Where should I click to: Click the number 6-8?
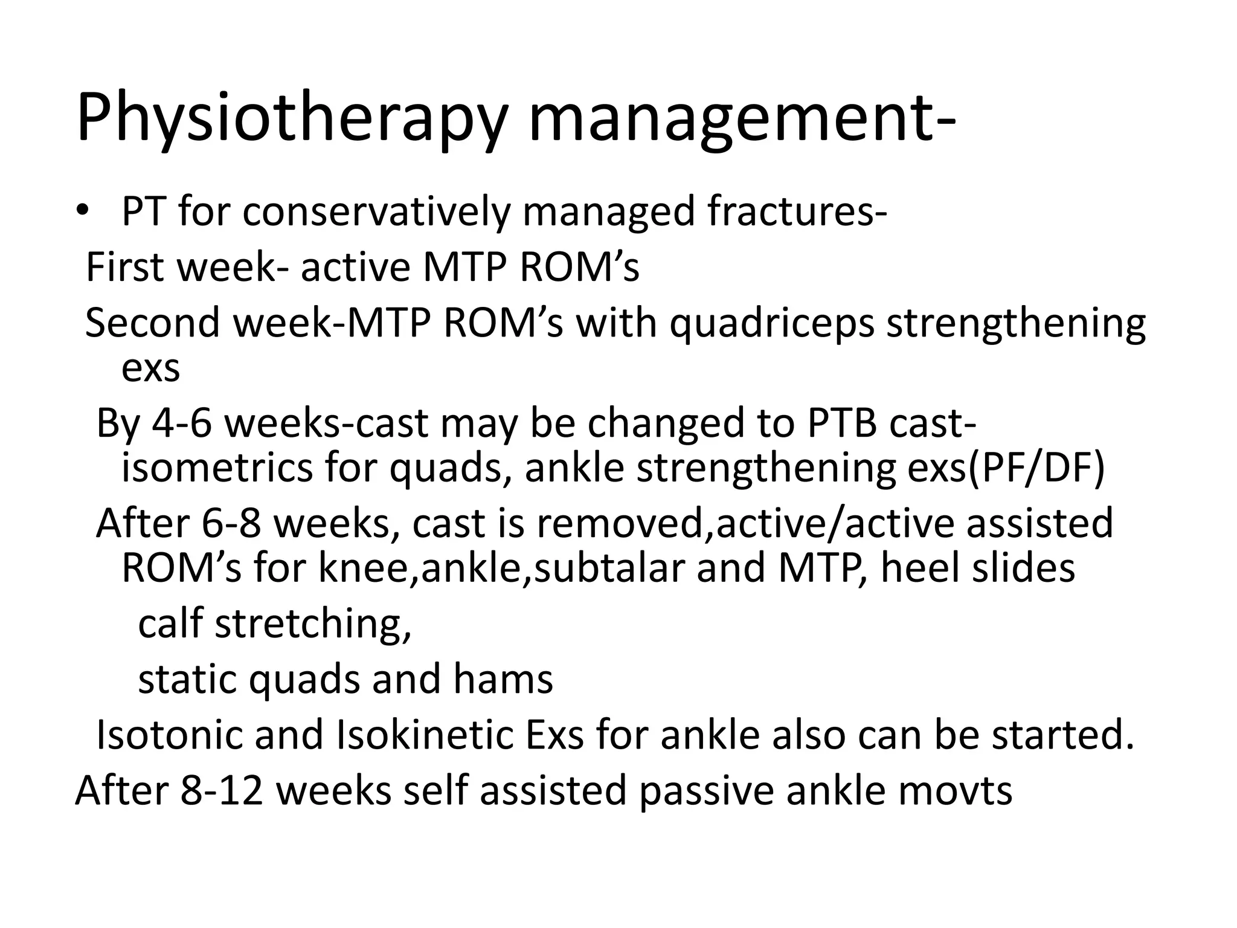coord(231,523)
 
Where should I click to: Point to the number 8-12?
coord(222,790)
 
